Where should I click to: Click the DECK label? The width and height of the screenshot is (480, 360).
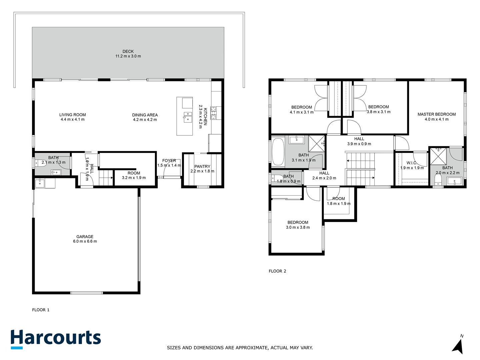[x=128, y=51]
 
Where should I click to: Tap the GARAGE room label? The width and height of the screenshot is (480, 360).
[x=85, y=237]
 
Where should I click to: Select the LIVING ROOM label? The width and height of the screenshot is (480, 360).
[x=73, y=115]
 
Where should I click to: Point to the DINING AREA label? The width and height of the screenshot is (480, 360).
[x=145, y=115]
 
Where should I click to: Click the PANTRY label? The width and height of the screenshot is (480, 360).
[x=202, y=167]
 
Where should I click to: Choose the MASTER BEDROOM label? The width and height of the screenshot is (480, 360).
[x=436, y=114]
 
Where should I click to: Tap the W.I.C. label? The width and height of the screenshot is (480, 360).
[x=412, y=163]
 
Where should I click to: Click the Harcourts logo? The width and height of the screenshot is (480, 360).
[x=56, y=339]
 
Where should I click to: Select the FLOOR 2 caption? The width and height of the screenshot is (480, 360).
[x=277, y=271]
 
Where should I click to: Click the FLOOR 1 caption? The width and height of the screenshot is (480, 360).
[x=41, y=310]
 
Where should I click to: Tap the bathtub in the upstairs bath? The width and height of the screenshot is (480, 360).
[x=278, y=152]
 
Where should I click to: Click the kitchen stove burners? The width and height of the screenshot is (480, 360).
[x=213, y=113]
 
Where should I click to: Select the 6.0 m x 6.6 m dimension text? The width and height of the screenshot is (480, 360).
[x=85, y=241]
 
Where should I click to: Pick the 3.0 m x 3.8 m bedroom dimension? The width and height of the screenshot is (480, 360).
[x=298, y=227]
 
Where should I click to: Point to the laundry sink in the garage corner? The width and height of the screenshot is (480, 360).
[x=40, y=183]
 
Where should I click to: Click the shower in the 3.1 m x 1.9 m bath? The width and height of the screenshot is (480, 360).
[x=316, y=144]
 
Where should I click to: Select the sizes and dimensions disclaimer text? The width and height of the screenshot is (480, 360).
[x=240, y=348]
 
